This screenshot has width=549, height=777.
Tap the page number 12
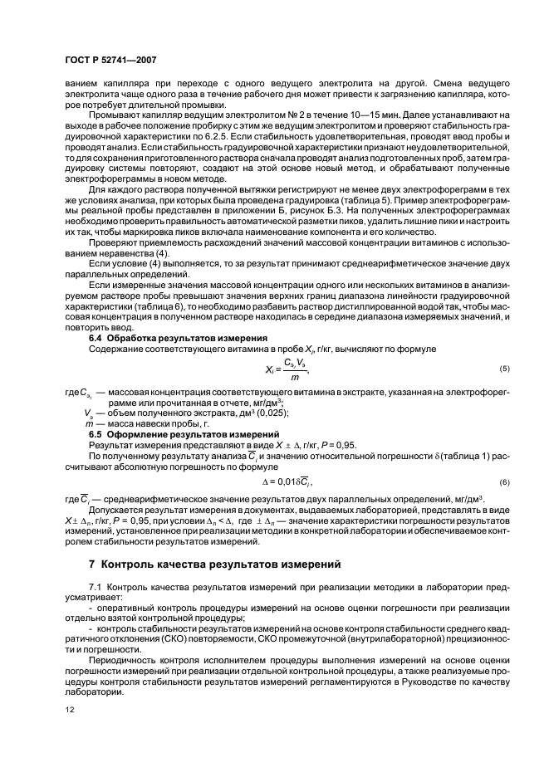pos(69,710)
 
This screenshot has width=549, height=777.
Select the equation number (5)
pos(503,368)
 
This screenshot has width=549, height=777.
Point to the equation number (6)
pos(503,482)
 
